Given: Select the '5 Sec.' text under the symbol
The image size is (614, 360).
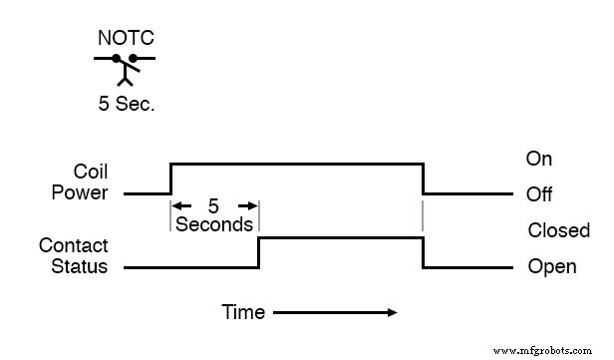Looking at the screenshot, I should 125,103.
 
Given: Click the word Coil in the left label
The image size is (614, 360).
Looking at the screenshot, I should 90,172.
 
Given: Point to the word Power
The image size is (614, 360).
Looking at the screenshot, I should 80,191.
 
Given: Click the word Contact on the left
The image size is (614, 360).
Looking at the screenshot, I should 73,246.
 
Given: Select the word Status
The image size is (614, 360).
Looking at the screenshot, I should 76,266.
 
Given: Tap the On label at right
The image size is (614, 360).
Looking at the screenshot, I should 539,160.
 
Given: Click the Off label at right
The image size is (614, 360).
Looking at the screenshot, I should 539,193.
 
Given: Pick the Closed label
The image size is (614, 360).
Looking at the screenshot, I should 558,231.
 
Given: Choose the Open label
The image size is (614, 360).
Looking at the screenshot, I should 551,267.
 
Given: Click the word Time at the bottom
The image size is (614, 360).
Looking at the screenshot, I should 243,313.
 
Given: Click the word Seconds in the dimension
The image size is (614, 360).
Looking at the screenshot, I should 214,224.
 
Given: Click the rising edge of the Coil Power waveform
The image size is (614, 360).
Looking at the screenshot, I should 171,178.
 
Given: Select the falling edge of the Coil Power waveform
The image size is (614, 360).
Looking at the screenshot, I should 423,178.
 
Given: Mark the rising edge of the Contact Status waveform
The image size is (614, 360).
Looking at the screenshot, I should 259,252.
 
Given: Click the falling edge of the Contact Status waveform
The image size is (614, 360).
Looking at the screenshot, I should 423,252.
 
